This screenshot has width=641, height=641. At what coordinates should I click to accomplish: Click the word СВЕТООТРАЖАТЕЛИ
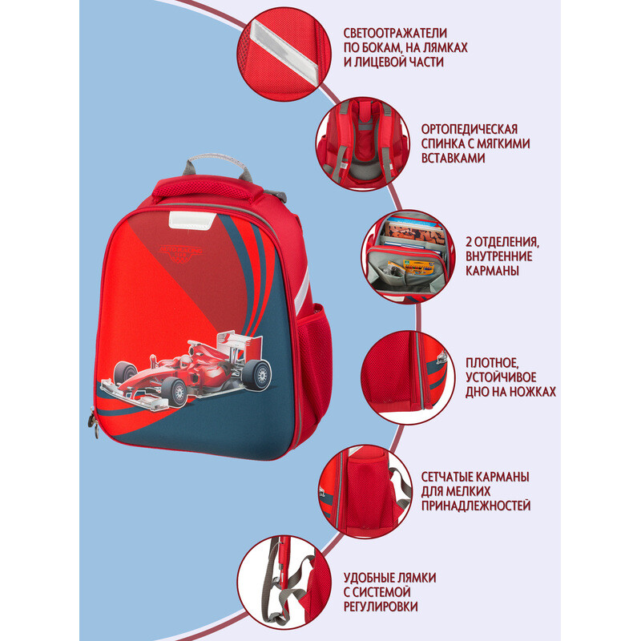pos(395,33)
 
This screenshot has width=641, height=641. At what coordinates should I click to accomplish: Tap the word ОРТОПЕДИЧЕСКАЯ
pos(470,129)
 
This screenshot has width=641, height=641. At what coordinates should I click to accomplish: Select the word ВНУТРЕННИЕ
pos(498,256)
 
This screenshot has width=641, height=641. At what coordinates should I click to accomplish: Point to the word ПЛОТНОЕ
pos(492,363)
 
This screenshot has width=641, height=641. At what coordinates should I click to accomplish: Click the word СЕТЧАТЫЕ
pos(450,477)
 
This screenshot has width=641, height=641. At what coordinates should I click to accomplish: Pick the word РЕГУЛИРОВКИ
pos(381,607)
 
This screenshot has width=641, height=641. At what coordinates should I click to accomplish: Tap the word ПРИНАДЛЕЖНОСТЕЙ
pos(476,506)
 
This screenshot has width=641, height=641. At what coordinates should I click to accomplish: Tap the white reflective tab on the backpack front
pos(192,220)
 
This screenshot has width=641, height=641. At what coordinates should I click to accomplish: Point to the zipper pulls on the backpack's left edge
pos(94,423)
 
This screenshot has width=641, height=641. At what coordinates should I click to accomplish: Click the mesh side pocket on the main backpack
pos(315,360)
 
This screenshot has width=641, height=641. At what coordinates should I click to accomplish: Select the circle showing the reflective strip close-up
pos(284,54)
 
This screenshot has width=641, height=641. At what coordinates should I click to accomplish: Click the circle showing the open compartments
pos(408,256)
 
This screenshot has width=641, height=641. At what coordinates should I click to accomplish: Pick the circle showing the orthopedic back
pos(363,144)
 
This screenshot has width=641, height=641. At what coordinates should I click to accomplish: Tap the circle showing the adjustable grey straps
pos(284,583)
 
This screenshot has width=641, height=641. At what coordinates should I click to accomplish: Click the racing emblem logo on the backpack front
pos(180,252)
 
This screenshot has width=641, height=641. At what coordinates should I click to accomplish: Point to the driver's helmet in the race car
pos(185,361)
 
